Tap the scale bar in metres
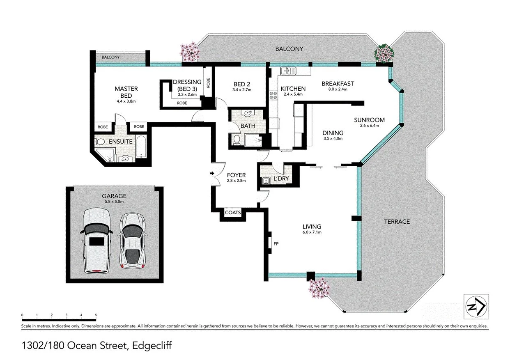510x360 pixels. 59,320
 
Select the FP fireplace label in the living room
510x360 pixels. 276,244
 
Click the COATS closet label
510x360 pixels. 232,213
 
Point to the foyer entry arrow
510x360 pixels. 212,174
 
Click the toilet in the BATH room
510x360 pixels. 237,140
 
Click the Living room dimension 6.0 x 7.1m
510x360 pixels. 312,233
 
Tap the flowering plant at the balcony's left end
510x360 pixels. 190,52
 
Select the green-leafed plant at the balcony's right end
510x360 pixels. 384,53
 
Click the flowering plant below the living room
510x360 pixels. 319,287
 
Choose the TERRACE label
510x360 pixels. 397,221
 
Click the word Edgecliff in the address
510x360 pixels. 151,346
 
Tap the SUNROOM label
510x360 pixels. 370,120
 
